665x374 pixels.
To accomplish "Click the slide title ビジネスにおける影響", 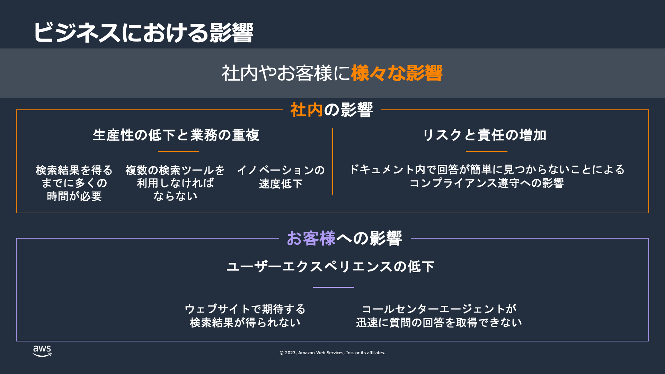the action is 143,33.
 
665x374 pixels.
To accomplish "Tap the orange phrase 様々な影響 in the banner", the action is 397,73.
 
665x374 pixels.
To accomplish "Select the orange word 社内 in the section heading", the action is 307,110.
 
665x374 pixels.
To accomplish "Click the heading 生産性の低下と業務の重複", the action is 176,135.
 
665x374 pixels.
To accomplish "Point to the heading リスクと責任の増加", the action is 485,135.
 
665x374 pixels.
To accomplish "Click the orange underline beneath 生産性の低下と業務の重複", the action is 178,151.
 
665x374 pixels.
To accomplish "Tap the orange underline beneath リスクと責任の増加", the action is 487,151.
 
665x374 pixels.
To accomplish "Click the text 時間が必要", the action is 74,196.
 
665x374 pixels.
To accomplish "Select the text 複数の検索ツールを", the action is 175,170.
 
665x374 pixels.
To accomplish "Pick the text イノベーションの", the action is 281,170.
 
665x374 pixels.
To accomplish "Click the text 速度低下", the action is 281,184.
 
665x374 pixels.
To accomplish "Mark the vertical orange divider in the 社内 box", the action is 332,161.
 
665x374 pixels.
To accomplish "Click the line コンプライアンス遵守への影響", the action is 487,183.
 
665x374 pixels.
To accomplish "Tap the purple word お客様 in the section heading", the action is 311,238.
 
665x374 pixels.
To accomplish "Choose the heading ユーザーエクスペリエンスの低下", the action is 330,267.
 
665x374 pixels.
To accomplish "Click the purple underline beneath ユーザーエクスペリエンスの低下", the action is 333,287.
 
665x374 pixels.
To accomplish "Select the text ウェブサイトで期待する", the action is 245,309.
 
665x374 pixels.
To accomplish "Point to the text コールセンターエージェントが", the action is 439,309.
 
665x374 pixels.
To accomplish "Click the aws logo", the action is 42,351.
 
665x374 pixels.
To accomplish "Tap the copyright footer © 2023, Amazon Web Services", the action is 332,353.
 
